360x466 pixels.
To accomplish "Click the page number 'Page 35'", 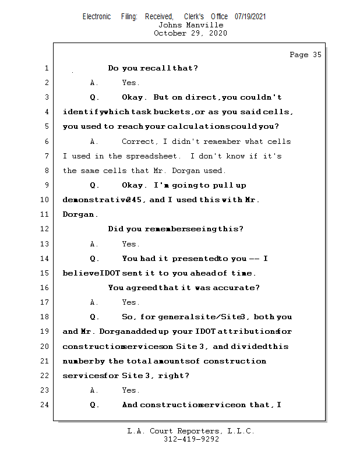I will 305,55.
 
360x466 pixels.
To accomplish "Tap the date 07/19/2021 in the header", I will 250,17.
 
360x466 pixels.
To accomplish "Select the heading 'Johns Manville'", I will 190,25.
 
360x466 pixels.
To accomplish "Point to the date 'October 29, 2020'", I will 190,33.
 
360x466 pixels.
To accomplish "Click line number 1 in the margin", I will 46,68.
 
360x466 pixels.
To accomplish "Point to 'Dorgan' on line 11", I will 79,214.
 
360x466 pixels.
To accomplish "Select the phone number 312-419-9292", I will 191,440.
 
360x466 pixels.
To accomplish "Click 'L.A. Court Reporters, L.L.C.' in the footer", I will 191,432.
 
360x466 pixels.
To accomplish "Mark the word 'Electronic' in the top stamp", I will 97,17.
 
